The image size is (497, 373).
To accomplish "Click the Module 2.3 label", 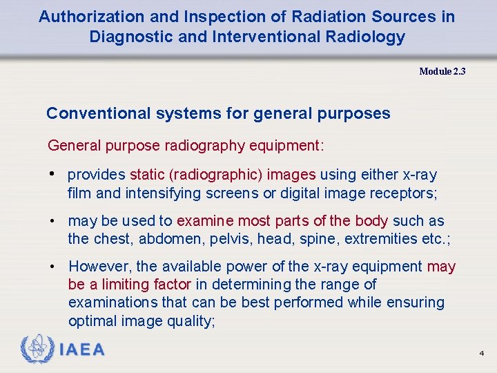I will (442, 71).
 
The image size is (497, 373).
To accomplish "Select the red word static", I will (146, 175).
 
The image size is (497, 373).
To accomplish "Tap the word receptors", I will (405, 193).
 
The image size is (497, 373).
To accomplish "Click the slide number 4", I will (481, 354).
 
